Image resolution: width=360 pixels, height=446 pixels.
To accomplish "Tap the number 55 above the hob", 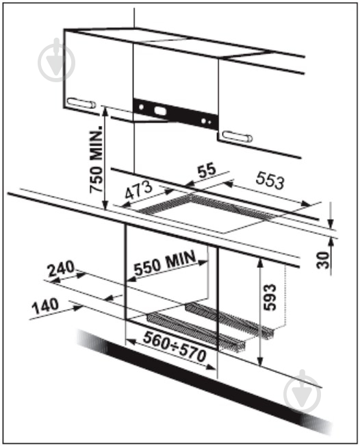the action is click(x=207, y=170).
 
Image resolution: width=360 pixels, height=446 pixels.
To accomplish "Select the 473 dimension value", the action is click(x=139, y=190).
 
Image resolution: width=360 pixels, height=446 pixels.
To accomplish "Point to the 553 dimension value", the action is click(x=270, y=181).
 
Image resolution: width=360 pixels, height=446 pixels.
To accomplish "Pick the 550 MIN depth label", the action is click(x=165, y=262).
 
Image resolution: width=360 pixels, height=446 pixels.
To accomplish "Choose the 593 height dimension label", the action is click(x=270, y=297).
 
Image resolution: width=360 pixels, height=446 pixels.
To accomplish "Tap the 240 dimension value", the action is click(x=61, y=269).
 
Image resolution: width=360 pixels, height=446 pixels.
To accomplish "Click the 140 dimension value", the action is click(x=45, y=306).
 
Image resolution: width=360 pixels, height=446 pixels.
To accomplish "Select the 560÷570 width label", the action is click(x=175, y=347).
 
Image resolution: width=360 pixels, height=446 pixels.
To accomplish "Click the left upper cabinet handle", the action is click(x=81, y=103).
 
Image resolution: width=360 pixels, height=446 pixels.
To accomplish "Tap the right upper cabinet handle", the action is click(x=237, y=136).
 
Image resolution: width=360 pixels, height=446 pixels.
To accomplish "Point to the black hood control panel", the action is click(x=176, y=114).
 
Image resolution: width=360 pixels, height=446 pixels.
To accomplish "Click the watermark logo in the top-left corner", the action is click(x=57, y=60).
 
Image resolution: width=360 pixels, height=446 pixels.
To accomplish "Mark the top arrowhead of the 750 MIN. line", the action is click(x=105, y=111).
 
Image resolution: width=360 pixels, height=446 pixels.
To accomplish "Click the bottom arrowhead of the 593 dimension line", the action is click(x=259, y=361).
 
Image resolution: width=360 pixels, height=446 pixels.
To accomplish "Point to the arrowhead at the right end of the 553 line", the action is click(x=307, y=204).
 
